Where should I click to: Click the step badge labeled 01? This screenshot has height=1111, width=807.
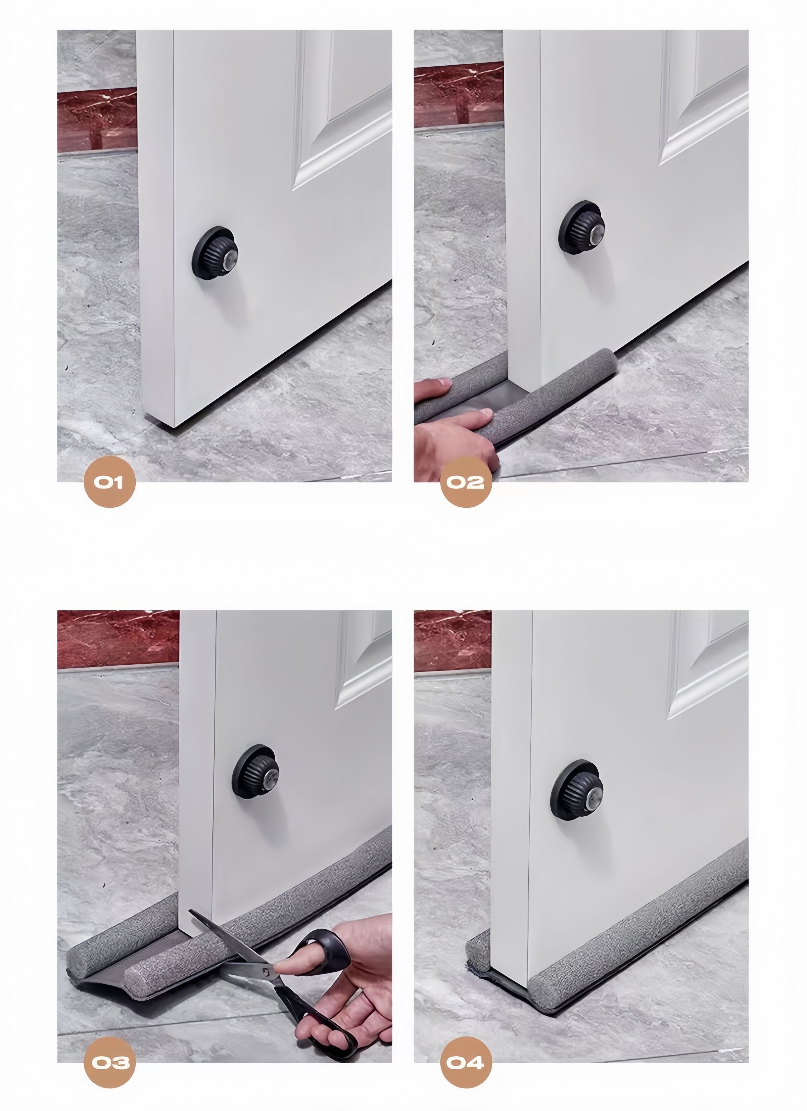[x=109, y=482]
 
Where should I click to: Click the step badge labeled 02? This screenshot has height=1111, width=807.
[x=466, y=482]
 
